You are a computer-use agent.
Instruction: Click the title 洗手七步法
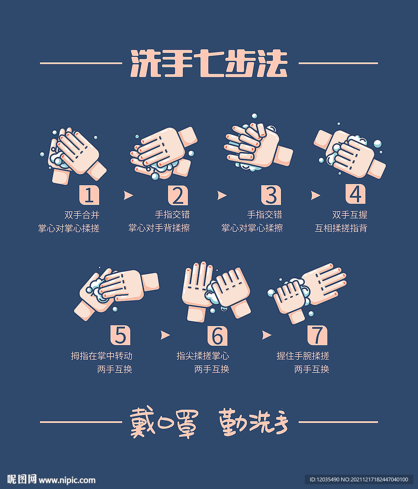[209, 63]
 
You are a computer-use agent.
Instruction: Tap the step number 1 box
[89, 195]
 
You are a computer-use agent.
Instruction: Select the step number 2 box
[178, 195]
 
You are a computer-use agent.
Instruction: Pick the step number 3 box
[271, 195]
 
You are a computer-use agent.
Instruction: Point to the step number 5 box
[120, 335]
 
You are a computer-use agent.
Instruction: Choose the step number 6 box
[217, 336]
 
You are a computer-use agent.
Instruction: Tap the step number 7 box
[317, 335]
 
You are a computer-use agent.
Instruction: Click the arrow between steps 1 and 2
[128, 195]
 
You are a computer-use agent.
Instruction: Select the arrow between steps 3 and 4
[315, 195]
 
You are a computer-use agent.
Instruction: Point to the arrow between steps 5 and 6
[165, 335]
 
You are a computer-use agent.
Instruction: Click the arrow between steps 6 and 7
[266, 335]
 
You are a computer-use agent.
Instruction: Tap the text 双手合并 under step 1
[82, 215]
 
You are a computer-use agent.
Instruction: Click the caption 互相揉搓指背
[341, 228]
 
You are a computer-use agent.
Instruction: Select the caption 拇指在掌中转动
[102, 356]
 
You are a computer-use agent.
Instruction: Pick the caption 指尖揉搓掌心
[203, 356]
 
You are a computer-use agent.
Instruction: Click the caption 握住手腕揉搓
[303, 356]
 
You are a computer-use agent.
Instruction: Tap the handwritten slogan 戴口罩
[163, 423]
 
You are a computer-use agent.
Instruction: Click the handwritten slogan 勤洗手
[254, 423]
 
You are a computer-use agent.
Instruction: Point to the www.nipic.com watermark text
[67, 480]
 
